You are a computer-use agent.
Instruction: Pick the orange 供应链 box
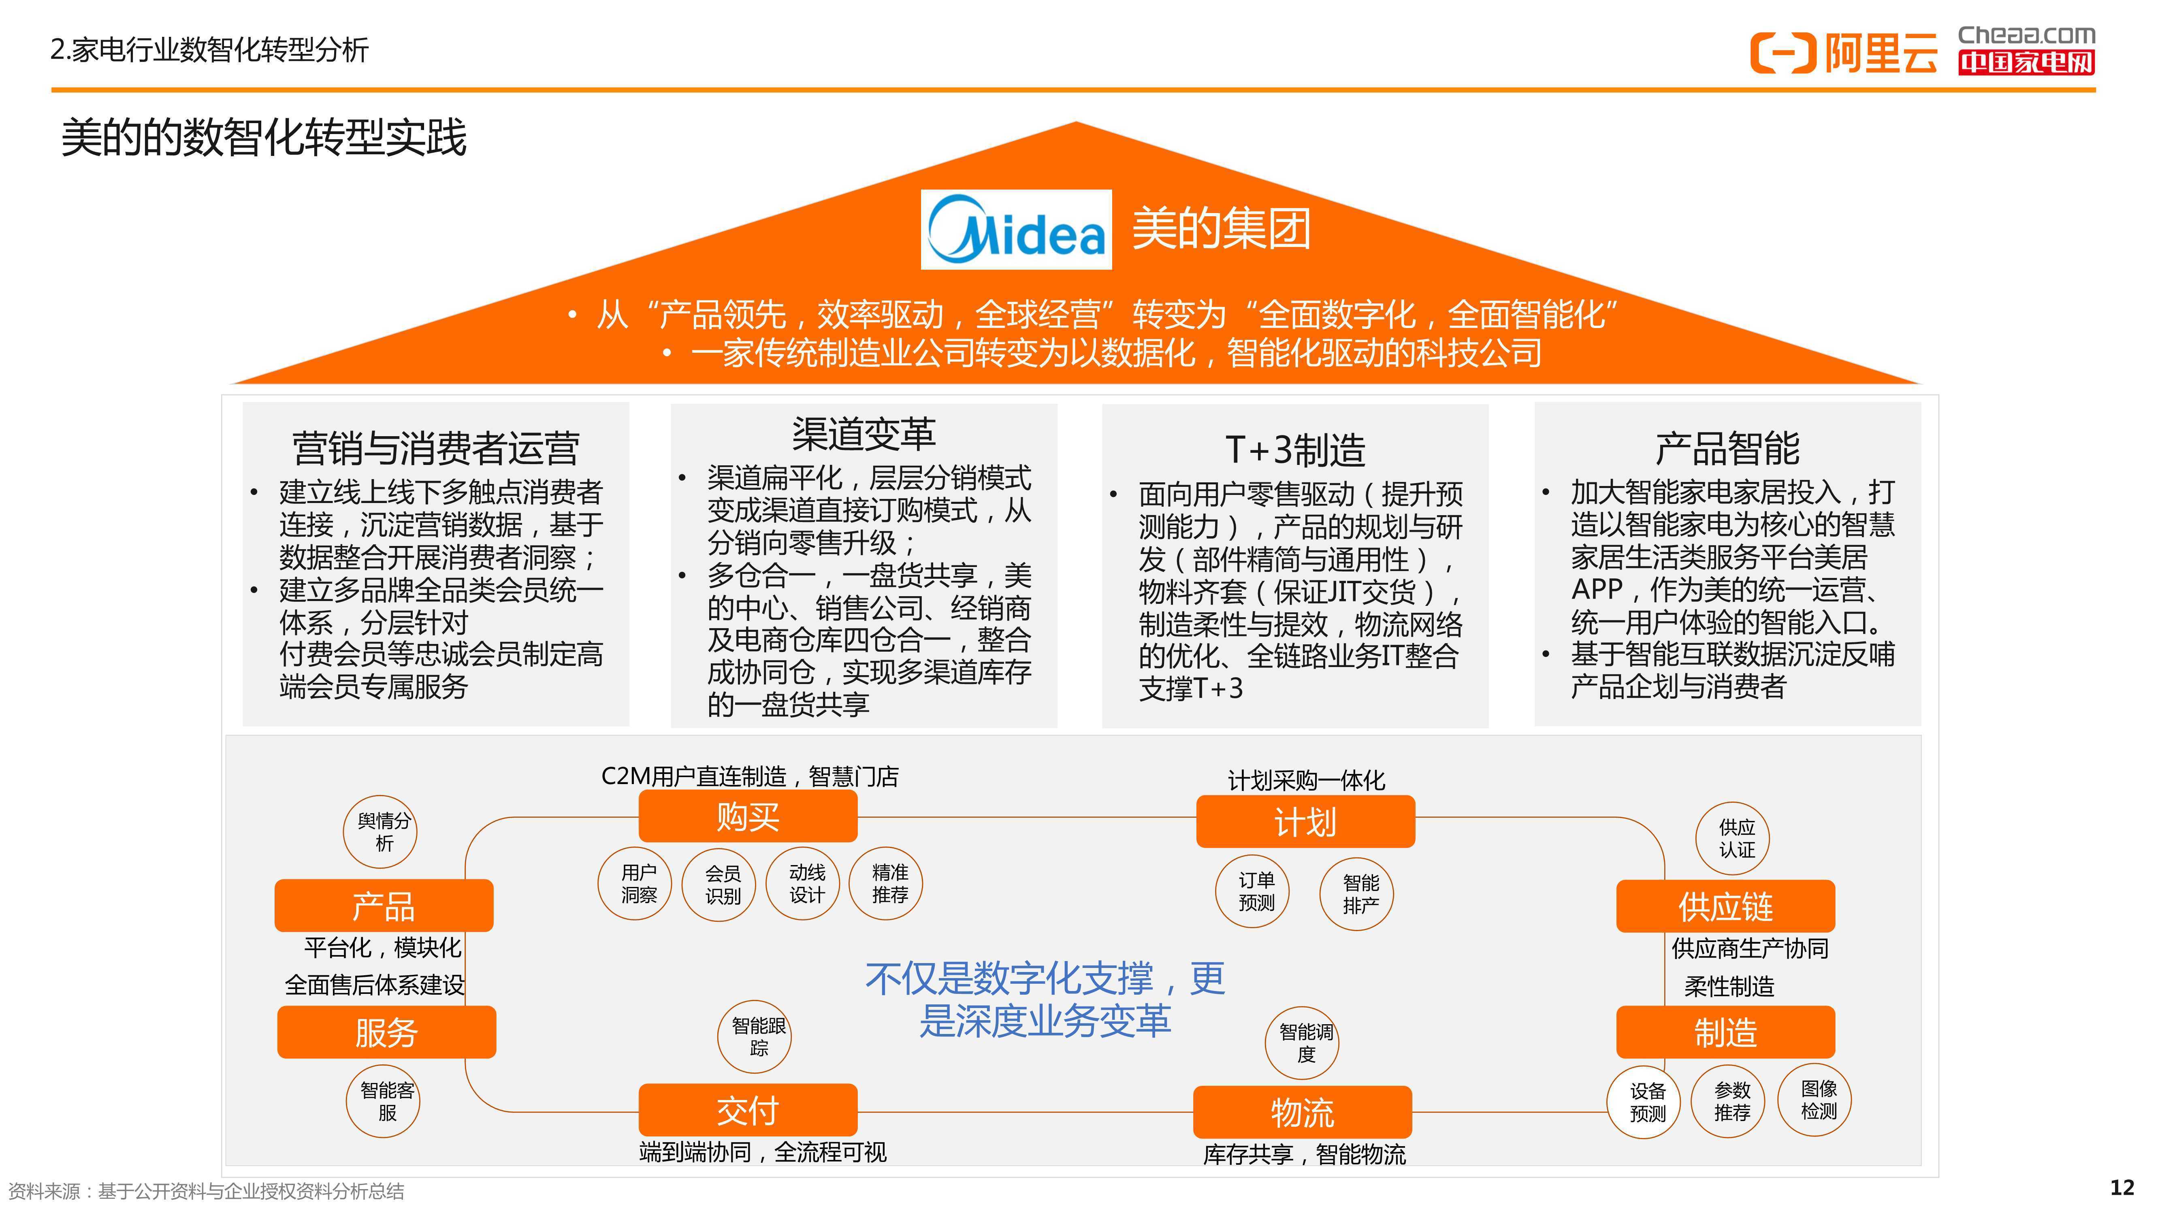[x=1726, y=906]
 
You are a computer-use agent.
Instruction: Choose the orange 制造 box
[x=1726, y=1032]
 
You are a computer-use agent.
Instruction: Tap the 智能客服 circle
[x=383, y=1101]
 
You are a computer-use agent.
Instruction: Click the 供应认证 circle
[x=1732, y=838]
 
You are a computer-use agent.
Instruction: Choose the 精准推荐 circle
[x=886, y=884]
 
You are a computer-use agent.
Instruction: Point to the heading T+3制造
[x=1296, y=450]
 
